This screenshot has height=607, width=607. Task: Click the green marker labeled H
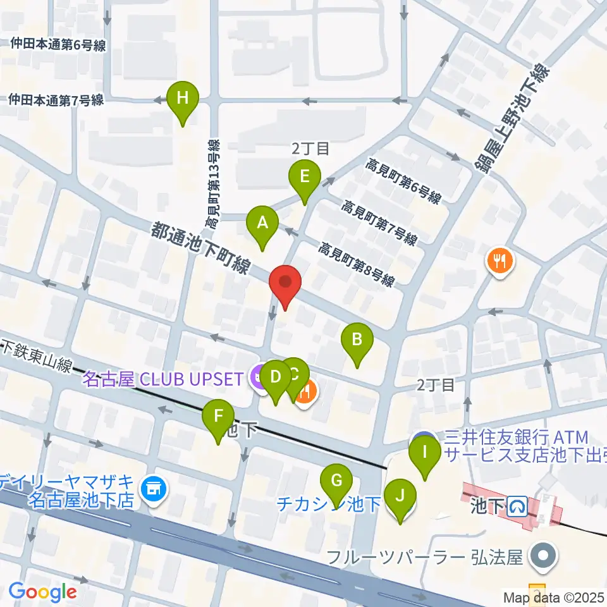coord(183,100)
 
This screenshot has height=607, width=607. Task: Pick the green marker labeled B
coord(357,341)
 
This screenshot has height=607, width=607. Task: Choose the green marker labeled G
coord(336,482)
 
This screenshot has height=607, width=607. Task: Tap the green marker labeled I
coord(425,453)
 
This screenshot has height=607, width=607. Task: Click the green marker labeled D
coord(275,378)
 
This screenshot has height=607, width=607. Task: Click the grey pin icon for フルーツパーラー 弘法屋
coord(543,558)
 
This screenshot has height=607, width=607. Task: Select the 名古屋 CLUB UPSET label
coord(163,379)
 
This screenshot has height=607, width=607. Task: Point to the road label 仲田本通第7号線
coord(56,100)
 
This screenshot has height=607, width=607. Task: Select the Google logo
coord(42,592)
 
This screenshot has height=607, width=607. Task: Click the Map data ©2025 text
coord(554,597)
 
